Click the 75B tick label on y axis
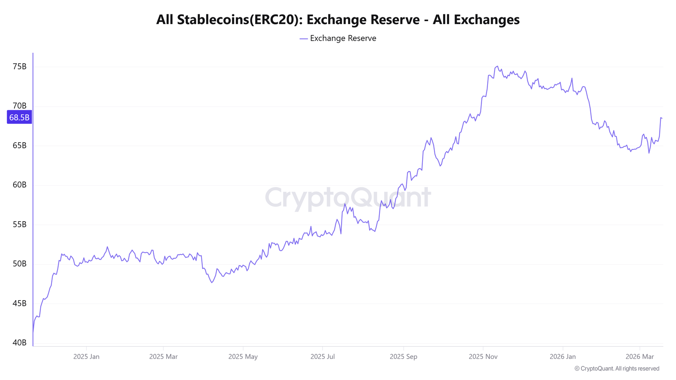(x=19, y=67)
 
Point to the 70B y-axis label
(x=19, y=106)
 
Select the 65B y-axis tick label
(x=19, y=146)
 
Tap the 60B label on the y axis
(x=19, y=185)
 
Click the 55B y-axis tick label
(x=19, y=225)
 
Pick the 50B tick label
(x=19, y=264)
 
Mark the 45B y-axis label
(x=19, y=304)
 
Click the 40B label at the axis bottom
(x=19, y=343)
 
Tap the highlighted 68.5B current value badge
(x=19, y=117)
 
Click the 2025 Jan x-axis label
(x=86, y=357)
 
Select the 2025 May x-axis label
(x=243, y=357)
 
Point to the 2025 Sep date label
(x=403, y=357)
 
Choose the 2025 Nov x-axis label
(x=483, y=357)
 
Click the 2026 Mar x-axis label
(x=640, y=357)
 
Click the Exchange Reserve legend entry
(x=338, y=38)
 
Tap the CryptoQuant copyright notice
(x=617, y=369)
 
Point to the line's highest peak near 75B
(x=497, y=66)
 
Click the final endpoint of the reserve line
(x=662, y=118)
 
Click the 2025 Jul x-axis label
(x=322, y=357)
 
